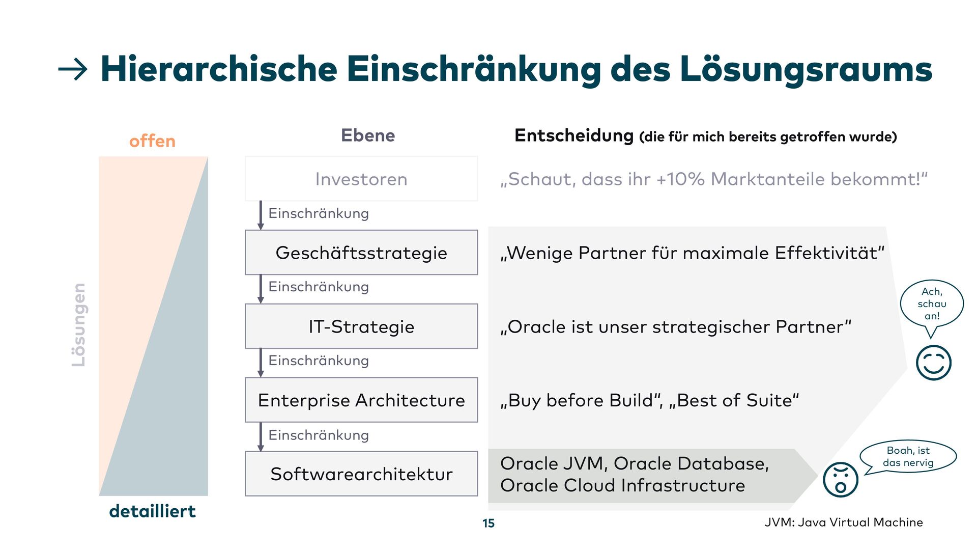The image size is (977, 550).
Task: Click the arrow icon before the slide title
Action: point(73,69)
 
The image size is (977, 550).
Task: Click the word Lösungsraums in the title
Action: point(806,69)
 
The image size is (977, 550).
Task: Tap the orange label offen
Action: point(152,141)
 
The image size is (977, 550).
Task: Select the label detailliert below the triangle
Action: point(152,511)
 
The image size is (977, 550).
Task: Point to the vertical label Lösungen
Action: point(78,325)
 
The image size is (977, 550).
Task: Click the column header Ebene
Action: point(367,135)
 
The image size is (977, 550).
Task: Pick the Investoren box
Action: point(361,179)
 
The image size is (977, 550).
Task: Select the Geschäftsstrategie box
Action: point(361,253)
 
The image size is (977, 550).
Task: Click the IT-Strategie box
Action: point(361,326)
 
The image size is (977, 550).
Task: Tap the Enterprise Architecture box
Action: point(361,400)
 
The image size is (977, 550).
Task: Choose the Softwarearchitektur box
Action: point(361,474)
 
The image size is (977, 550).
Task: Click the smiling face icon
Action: point(933,363)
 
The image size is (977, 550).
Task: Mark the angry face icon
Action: point(841,480)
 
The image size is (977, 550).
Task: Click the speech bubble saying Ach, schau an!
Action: point(932,304)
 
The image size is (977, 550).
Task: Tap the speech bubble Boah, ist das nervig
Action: point(908,457)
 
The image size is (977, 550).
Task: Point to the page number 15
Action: point(489,524)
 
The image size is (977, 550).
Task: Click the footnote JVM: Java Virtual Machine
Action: point(843,522)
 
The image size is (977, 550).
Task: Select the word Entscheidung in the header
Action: point(574,135)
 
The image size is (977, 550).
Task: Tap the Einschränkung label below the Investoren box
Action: point(319,213)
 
